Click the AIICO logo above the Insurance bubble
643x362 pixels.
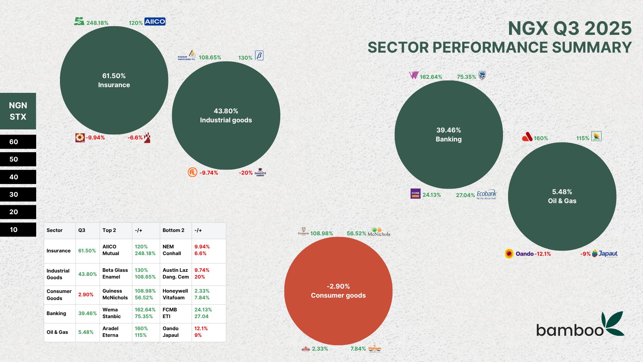pos(155,21)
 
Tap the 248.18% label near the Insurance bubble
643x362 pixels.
pos(97,23)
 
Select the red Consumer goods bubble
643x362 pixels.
pos(338,291)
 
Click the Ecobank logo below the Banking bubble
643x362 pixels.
pos(486,194)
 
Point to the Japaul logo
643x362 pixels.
pos(605,253)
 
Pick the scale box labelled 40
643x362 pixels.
pos(18,177)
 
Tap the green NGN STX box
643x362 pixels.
pos(18,111)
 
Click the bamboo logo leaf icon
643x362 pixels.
pos(613,323)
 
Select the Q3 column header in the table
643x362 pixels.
pos(82,230)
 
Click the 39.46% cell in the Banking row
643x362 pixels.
pos(87,313)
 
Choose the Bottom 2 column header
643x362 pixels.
pos(173,230)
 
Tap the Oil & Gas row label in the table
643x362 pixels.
pos(57,332)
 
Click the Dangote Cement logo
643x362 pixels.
pos(260,172)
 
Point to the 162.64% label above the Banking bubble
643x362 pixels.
pos(431,77)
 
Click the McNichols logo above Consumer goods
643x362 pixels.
pos(379,232)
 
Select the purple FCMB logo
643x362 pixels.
pos(415,194)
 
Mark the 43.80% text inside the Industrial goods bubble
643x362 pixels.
pos(226,111)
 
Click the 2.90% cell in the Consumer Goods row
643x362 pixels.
pos(86,294)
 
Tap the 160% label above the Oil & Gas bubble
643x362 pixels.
pos(541,138)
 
